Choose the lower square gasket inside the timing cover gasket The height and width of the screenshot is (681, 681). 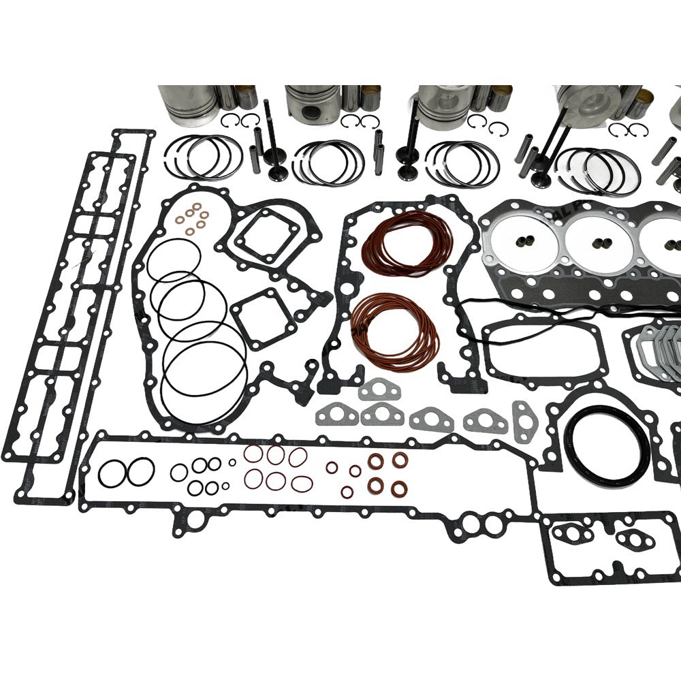coord(256,313)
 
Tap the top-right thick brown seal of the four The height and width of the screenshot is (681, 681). coord(400,460)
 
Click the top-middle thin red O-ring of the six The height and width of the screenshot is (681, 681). coord(276,455)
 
